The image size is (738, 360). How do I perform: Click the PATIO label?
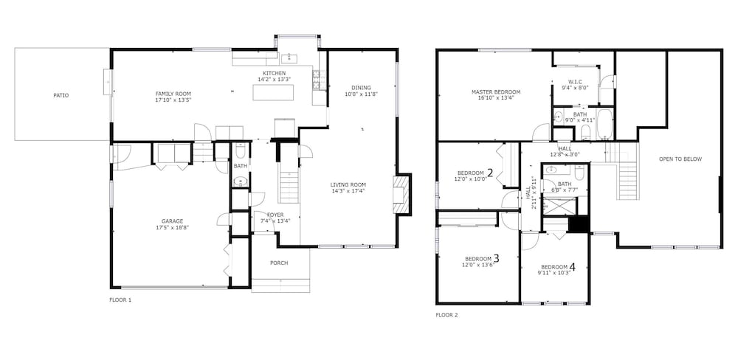point(61,95)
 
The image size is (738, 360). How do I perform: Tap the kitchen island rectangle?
point(274,92)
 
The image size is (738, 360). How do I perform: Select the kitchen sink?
point(289,58)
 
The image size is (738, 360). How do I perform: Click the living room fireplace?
point(402,194)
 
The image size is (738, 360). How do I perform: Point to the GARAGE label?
point(172,221)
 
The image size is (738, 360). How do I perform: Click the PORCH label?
point(279,263)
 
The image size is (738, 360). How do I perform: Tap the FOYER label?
point(275,215)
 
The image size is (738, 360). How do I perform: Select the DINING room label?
point(361,88)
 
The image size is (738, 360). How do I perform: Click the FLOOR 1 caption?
point(120,300)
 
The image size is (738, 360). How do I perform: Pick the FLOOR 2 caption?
point(446,315)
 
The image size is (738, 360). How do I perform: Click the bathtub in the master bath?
point(605,124)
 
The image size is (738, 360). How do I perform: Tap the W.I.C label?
point(575,81)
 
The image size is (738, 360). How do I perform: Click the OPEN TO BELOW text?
point(680,159)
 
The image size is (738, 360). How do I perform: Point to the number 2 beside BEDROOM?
point(490,173)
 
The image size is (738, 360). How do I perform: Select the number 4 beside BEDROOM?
point(573,267)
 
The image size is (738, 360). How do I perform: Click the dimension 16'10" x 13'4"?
point(496,98)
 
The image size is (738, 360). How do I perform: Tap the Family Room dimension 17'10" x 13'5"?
point(173,100)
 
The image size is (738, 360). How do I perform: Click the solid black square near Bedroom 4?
point(579,224)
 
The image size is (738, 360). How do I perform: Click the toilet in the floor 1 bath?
point(240,150)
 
